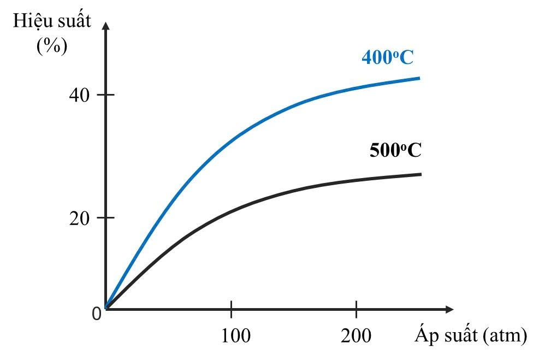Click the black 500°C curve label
point(395,150)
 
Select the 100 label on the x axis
point(236,335)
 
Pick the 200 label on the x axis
point(357,335)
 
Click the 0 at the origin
point(97,314)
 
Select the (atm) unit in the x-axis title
point(505,334)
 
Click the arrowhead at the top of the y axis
point(105,26)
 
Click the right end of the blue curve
point(419,78)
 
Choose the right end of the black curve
point(420,174)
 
